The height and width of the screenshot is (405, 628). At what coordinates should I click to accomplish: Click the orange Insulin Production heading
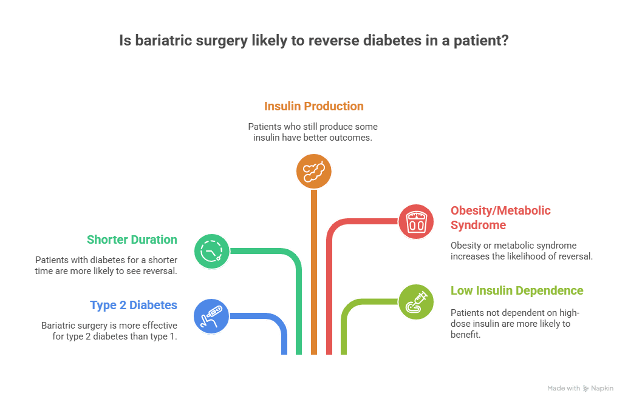click(314, 106)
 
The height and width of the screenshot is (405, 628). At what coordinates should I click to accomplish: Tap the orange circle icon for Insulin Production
click(313, 170)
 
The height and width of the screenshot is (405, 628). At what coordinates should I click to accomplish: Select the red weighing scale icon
click(416, 221)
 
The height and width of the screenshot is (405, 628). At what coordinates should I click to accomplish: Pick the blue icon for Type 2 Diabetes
click(211, 316)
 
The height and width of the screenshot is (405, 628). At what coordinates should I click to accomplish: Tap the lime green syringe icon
click(416, 301)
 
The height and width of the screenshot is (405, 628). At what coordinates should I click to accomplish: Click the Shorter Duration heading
click(132, 239)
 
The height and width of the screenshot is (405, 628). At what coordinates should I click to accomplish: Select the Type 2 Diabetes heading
click(134, 305)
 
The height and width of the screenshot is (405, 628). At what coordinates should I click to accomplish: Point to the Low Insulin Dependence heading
click(516, 290)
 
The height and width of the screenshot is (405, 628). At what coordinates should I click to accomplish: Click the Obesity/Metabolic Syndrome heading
click(500, 218)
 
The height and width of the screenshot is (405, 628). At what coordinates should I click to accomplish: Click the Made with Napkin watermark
click(580, 388)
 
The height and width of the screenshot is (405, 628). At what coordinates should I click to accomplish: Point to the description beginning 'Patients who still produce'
click(313, 132)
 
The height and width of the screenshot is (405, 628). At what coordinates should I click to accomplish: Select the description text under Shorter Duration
click(106, 265)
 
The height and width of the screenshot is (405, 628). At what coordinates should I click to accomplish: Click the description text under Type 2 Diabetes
click(109, 330)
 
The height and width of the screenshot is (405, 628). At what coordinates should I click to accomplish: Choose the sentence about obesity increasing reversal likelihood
click(521, 250)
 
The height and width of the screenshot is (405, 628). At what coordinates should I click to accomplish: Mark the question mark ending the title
click(505, 42)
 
